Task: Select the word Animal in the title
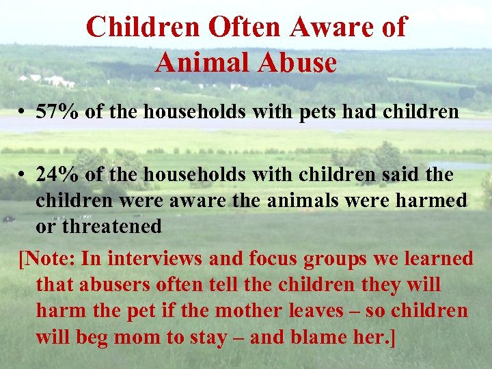click(x=199, y=63)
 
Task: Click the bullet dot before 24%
click(x=23, y=176)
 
